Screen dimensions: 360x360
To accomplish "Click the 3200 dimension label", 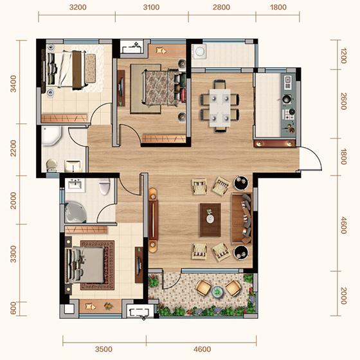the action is coord(78,7).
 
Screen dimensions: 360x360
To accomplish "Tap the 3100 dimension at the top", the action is coord(151,7).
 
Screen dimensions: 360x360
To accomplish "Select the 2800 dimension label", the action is coord(221,7).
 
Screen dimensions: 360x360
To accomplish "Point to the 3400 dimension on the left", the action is coord(14,84).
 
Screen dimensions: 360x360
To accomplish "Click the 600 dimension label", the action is coord(14,308).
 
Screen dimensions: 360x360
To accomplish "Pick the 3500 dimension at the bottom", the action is coord(104,349).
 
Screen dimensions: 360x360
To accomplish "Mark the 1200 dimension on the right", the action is coord(343,55).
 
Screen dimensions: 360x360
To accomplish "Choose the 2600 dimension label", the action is coord(343,102).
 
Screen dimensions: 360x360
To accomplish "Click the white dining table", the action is coord(220,107).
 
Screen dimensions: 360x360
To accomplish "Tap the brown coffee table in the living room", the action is coord(210,220).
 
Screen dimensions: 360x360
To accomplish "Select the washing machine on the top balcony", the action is coord(199,51).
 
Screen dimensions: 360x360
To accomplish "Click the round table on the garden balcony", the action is coord(217,292).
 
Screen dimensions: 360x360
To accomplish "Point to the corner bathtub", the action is coord(75,212).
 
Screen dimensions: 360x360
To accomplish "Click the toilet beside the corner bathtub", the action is coord(105,186).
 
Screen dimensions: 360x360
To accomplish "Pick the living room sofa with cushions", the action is coord(242,218).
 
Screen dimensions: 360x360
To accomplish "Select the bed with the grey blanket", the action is coord(85,265).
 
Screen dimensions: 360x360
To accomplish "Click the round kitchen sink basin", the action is coord(286,99).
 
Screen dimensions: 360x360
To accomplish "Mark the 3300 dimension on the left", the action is coord(14,254).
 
